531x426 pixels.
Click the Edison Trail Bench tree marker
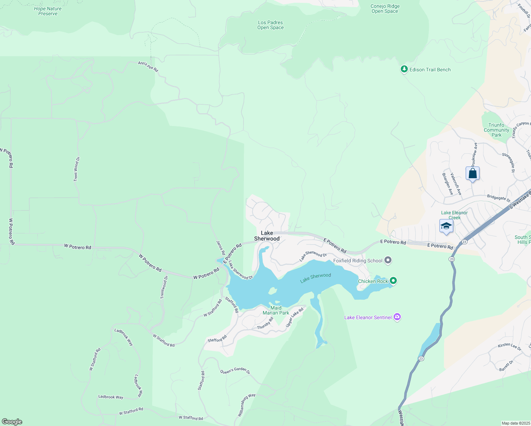(404, 69)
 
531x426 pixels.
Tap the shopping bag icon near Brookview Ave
(472, 174)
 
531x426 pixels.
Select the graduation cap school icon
(446, 226)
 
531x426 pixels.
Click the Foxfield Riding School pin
(388, 261)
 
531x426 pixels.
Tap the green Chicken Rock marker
(393, 281)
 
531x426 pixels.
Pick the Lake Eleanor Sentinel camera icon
(397, 317)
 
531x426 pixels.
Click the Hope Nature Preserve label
(48, 11)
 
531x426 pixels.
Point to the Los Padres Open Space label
(270, 25)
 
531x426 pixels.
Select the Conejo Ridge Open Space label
(385, 9)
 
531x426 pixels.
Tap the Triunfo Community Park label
(496, 130)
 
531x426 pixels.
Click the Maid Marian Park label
(276, 310)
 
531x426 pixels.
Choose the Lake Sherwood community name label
(267, 236)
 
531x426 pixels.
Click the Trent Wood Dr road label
(76, 169)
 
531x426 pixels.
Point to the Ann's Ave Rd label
(148, 66)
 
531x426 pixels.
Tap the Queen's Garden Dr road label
(235, 371)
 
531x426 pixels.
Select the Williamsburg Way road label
(246, 405)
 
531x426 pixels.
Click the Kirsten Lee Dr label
(509, 346)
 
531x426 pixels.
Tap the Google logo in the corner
(12, 421)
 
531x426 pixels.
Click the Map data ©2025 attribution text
(515, 423)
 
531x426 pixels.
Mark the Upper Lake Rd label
(295, 317)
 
